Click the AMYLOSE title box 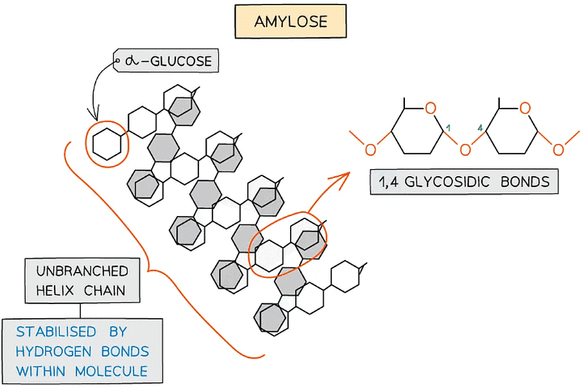click(291, 21)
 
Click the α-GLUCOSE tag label click(166, 62)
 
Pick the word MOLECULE click(111, 371)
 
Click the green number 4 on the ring click(480, 129)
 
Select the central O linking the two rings click(465, 150)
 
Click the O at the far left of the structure click(370, 150)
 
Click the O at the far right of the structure click(558, 150)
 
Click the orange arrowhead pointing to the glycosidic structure click(347, 175)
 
